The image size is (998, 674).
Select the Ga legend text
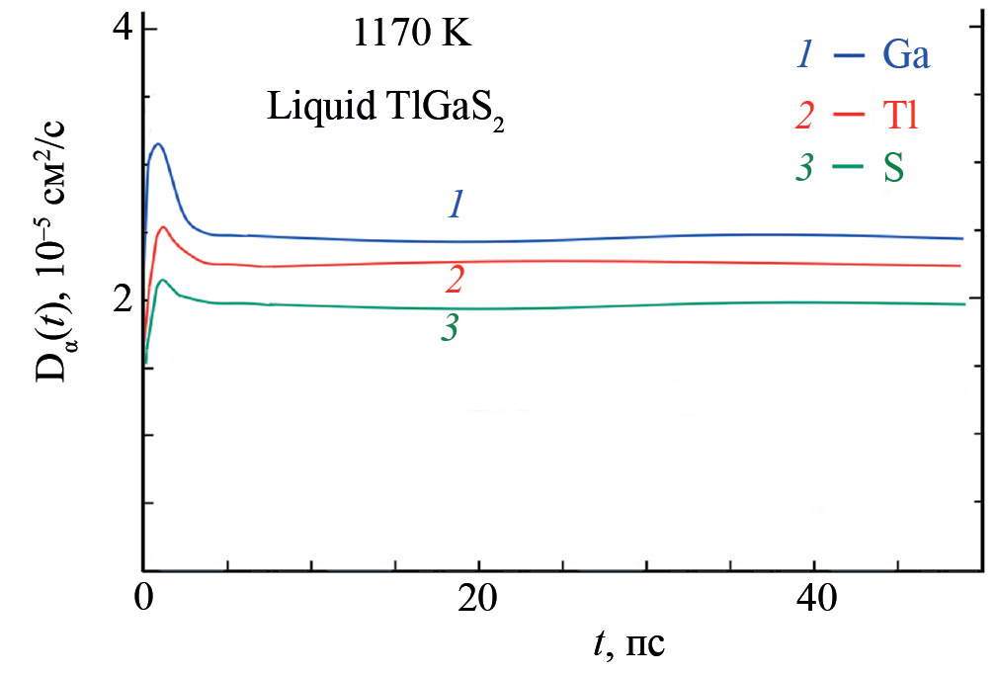click(905, 56)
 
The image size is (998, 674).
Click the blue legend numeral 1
click(805, 56)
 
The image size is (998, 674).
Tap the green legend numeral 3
click(804, 169)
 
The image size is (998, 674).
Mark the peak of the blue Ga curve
click(156, 144)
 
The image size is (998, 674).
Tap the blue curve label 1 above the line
click(456, 205)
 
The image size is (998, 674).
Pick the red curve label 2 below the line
click(455, 281)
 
